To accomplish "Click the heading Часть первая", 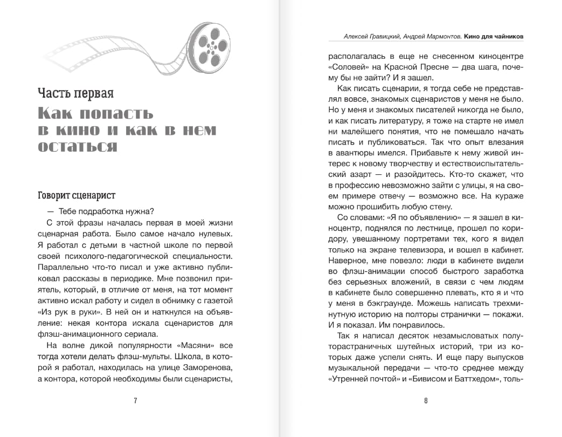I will click(76, 92).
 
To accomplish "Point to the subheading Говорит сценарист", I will click(77, 195).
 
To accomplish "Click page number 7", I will click(135, 400).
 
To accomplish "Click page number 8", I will click(426, 400).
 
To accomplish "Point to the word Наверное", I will click(350, 257).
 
